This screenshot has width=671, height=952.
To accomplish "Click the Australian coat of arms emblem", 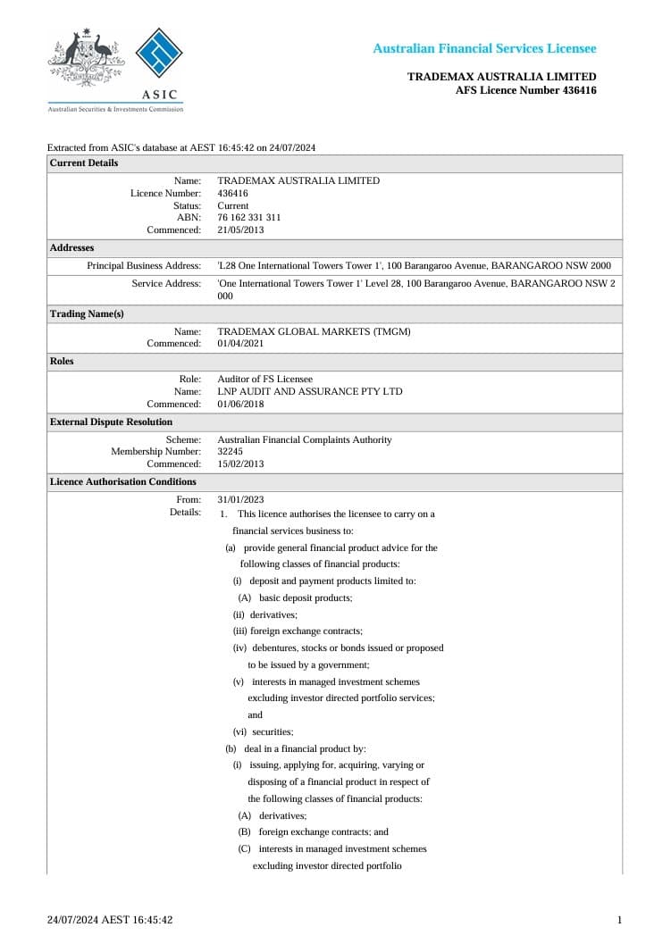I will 85,58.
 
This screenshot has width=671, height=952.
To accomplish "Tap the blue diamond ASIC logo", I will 158,55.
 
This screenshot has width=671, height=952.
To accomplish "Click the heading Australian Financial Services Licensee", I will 484,48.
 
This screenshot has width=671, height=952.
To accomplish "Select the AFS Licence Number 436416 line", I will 525,90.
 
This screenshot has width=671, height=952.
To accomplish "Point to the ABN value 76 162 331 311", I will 249,217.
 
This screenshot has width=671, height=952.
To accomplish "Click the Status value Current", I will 233,205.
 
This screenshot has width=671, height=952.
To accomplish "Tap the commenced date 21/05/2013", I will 240,230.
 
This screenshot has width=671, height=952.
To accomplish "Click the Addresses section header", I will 71,247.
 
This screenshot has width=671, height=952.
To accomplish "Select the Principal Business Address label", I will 144,266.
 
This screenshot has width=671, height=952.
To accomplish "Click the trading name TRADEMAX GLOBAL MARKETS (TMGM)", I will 314,331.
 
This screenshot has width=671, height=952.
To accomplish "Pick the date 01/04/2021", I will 240,343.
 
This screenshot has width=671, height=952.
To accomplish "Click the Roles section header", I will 62,362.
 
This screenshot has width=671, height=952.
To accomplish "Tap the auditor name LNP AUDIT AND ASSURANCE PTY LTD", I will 310,391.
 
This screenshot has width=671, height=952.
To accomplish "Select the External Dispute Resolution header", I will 111,422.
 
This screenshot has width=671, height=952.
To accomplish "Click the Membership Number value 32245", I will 231,452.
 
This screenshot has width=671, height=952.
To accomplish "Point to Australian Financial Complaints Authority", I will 304,439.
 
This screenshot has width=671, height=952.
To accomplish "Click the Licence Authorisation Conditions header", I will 122,481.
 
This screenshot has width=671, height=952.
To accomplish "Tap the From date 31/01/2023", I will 240,499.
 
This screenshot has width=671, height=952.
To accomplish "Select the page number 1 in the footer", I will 619,920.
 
